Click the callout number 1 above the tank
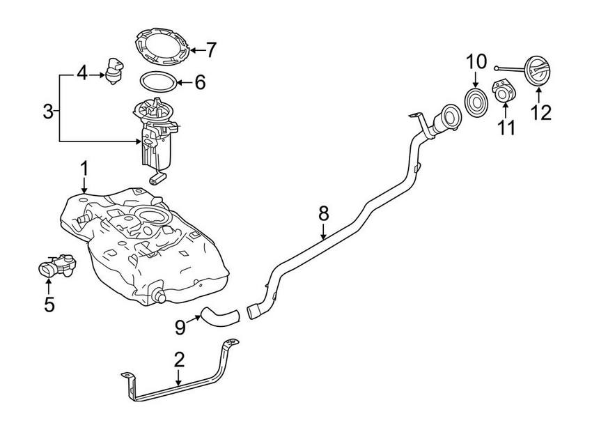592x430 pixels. [x=84, y=169]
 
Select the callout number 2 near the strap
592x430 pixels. [x=179, y=360]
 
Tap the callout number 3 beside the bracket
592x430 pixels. [x=48, y=111]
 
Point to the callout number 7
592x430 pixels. [x=211, y=50]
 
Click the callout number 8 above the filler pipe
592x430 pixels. [x=324, y=213]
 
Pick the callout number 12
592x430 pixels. [x=541, y=112]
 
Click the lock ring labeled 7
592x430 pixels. [x=161, y=45]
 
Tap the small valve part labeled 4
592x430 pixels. [x=114, y=72]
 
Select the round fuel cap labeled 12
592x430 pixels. [x=539, y=71]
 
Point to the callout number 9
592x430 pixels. [x=180, y=327]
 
